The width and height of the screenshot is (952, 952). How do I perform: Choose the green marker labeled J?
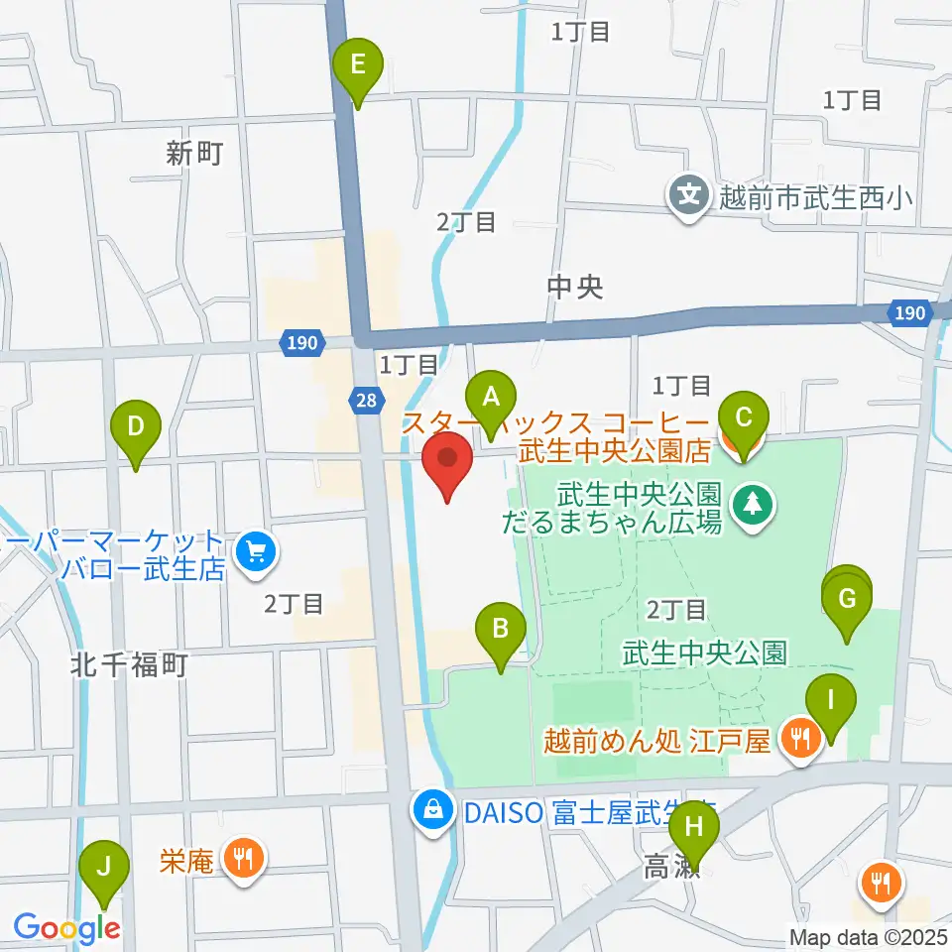tap(103, 870)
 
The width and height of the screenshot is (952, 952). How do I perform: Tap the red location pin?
tap(448, 463)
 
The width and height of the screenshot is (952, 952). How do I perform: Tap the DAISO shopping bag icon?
tap(433, 812)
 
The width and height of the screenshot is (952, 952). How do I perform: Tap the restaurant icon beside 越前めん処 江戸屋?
tap(799, 739)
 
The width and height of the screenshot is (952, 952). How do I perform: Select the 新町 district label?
tap(194, 154)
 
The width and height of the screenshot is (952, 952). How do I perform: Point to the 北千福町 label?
tap(129, 664)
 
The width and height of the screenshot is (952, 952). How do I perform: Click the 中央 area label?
tap(575, 288)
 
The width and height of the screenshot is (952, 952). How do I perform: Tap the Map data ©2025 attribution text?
tap(869, 937)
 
